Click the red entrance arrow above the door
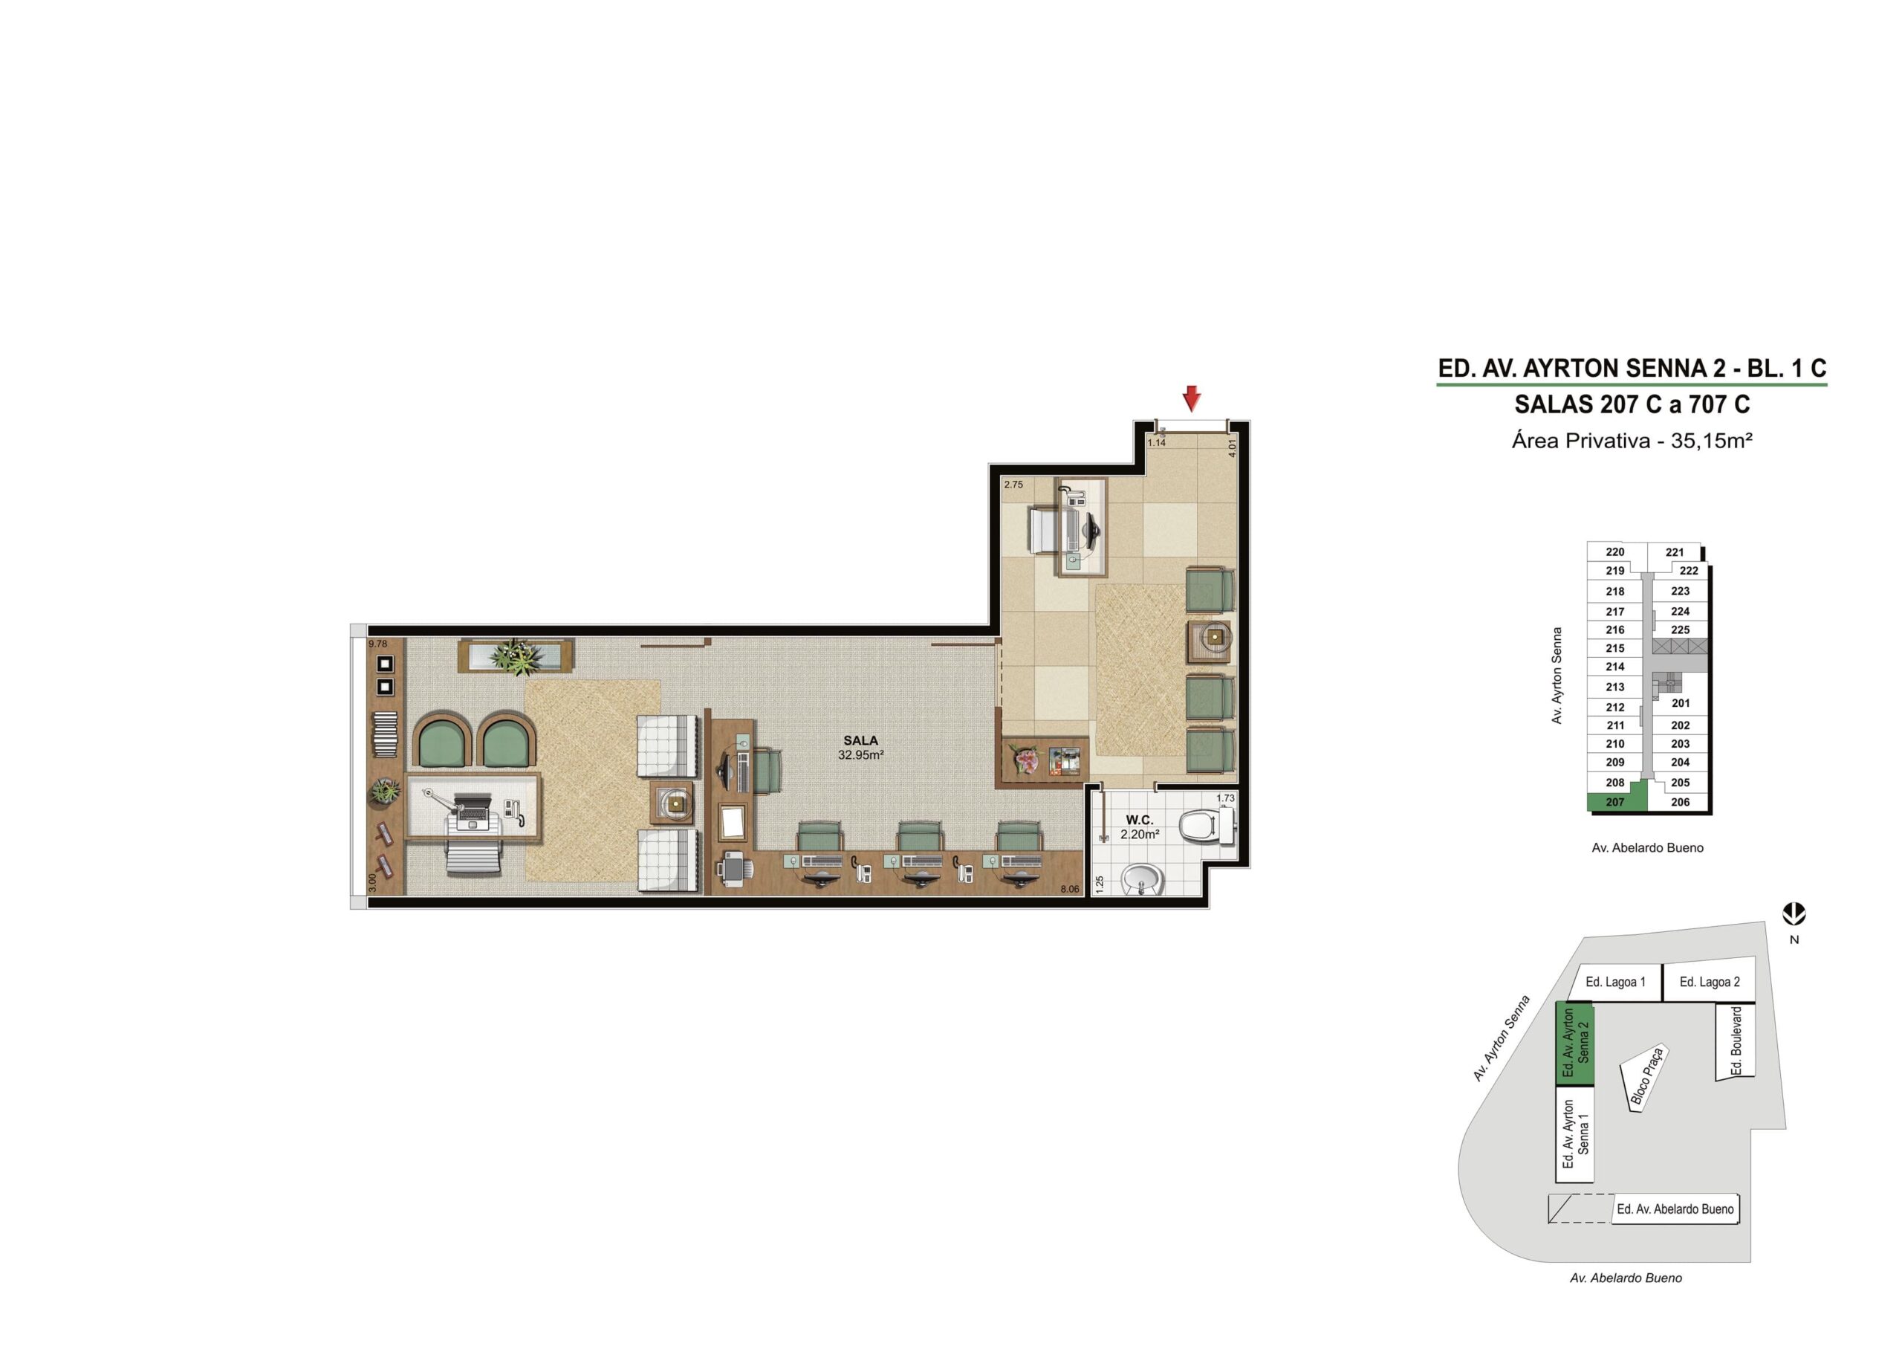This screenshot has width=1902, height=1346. coord(1191,398)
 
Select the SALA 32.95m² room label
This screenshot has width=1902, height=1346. coord(860,748)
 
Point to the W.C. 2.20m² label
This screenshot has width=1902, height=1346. coord(1140,827)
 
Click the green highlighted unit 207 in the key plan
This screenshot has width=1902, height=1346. coord(1614,801)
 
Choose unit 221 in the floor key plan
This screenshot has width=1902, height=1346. coord(1674,552)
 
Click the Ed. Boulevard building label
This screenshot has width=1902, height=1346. coord(1737,1041)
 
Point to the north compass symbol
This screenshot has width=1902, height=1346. coord(1794,914)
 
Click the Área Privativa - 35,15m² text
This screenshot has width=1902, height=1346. coord(1632,441)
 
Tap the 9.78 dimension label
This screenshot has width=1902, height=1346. coord(377,644)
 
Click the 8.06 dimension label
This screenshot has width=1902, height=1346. coord(1069,890)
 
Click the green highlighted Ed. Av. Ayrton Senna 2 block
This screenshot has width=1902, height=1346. coord(1575,1044)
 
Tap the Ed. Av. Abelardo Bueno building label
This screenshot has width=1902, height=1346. coord(1675,1209)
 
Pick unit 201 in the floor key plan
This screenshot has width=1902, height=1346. coord(1681,703)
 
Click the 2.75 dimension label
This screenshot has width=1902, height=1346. coord(1013,485)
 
